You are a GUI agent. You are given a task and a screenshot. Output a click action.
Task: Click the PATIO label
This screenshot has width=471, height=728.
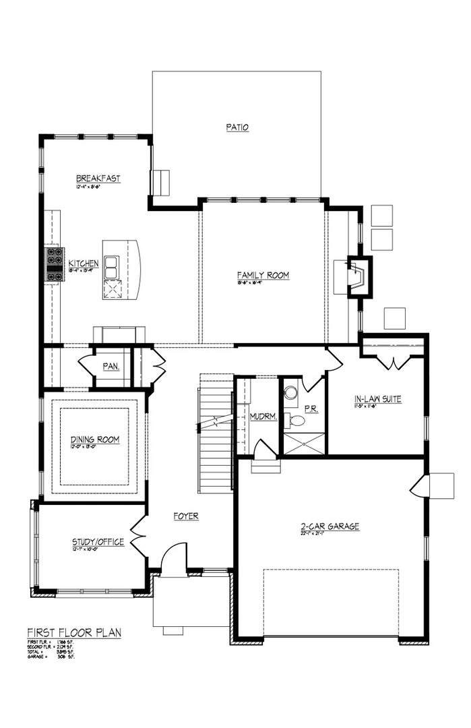(x=237, y=127)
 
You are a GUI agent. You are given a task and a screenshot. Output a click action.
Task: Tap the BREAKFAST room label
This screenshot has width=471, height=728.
(x=98, y=179)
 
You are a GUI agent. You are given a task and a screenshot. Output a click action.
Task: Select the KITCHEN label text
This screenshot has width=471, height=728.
(x=84, y=263)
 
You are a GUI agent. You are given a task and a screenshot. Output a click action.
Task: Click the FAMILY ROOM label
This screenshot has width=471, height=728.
(x=263, y=275)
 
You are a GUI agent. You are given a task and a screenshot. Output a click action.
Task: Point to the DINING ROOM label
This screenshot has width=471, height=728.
(x=95, y=439)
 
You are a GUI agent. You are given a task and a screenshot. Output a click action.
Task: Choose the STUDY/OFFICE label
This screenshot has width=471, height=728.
(x=98, y=542)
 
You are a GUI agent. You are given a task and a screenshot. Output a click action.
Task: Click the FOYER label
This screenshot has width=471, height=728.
(x=185, y=516)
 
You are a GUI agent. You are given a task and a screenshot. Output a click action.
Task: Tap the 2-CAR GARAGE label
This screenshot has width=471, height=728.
(x=329, y=526)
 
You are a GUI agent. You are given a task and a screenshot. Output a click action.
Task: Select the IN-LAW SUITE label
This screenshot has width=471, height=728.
(x=377, y=399)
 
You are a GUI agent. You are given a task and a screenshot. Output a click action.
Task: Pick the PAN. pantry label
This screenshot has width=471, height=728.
(x=111, y=366)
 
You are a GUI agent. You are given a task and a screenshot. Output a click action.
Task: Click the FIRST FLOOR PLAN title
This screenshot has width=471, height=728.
(x=74, y=632)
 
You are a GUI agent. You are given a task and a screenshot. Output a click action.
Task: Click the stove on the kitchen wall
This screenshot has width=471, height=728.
(x=55, y=264)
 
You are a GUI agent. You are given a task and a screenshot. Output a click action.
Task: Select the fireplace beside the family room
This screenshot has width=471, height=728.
(x=357, y=276)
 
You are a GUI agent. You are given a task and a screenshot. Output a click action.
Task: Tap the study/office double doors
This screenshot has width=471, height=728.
(x=138, y=537)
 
